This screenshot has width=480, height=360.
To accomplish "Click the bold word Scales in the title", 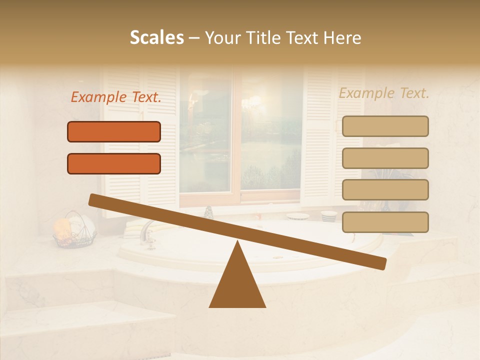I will pos(156,38).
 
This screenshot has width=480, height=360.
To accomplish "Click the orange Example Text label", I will pos(116,97).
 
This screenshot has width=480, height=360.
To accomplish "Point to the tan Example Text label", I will pos(384,93).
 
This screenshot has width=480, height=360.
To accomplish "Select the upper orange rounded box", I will pos(114,131).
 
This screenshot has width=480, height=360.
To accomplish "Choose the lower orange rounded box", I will pos(114,163).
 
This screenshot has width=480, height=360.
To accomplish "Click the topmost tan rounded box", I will pos(385,126).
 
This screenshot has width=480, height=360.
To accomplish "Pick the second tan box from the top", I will pos(385,158).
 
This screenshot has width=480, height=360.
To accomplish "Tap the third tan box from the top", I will pos(385,190).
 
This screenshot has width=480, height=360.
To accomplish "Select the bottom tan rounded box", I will pos(385,222).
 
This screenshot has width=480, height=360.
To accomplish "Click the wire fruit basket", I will pos(75,231).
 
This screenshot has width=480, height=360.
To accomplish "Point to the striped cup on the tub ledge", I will pos(328,216).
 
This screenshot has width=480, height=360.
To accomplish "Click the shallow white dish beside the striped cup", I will pos(298,216).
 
